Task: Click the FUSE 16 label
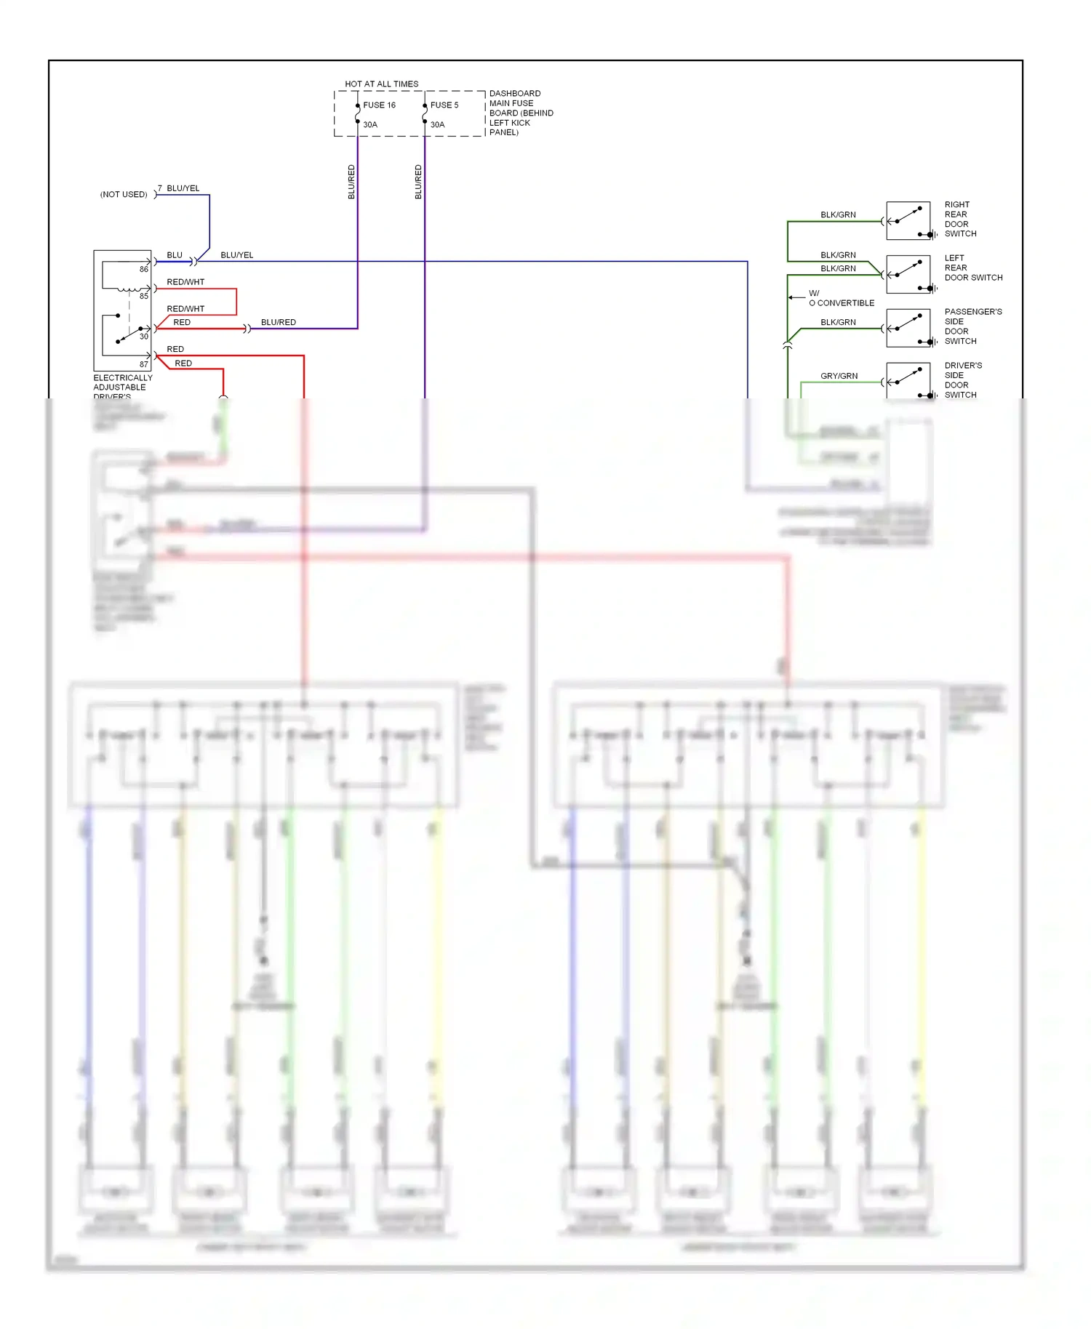(x=379, y=105)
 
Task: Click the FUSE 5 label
(x=444, y=105)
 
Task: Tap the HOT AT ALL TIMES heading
(x=381, y=84)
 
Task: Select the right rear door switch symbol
(x=908, y=221)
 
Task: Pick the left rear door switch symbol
(x=908, y=275)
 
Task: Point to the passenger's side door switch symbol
(x=908, y=329)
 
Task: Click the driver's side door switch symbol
(x=908, y=380)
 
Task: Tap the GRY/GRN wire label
(x=839, y=376)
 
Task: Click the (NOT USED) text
(x=124, y=195)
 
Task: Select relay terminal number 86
(x=144, y=270)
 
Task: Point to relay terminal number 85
(x=144, y=297)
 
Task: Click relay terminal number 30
(x=144, y=337)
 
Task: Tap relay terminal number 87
(x=144, y=364)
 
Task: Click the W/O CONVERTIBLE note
(x=840, y=298)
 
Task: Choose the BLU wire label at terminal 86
(x=175, y=255)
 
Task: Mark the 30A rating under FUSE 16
(x=370, y=125)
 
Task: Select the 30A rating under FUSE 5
(x=437, y=125)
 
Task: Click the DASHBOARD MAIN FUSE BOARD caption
(x=521, y=113)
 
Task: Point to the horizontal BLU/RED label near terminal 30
(x=279, y=323)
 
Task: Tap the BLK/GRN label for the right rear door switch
(x=838, y=215)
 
